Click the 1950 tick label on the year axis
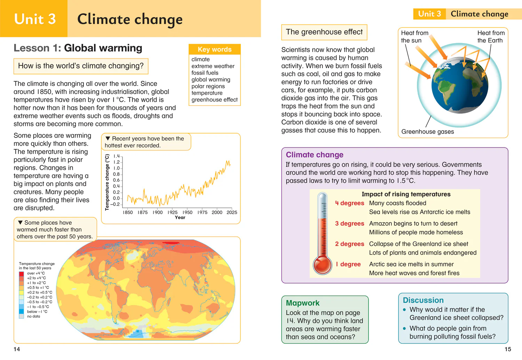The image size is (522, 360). pos(187,213)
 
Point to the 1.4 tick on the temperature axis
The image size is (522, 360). pos(117,156)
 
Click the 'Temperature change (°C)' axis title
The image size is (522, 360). pos(107,182)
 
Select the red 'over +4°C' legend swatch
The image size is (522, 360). pos(22,274)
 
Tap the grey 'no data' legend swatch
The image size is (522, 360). pos(22,316)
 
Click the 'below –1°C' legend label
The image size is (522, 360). pos(37,312)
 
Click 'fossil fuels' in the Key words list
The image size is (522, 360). pos(205,73)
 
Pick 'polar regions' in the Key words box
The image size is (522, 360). pos(208,86)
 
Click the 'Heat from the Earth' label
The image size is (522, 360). pos(491,37)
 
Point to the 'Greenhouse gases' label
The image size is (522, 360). pos(428,131)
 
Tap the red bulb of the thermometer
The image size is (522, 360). pos(322,265)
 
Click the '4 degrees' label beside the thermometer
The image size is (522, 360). pos(349,203)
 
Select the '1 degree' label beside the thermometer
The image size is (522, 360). pos(348,264)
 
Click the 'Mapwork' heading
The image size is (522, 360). pos(303,303)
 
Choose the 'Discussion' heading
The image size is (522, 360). pos(423,300)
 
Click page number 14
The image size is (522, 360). pos(17,349)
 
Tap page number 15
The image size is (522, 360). pos(508,349)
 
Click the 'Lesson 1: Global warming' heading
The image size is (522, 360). pos(78,48)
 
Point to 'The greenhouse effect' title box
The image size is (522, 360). pos(324,32)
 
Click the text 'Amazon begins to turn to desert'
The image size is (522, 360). pos(413,224)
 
